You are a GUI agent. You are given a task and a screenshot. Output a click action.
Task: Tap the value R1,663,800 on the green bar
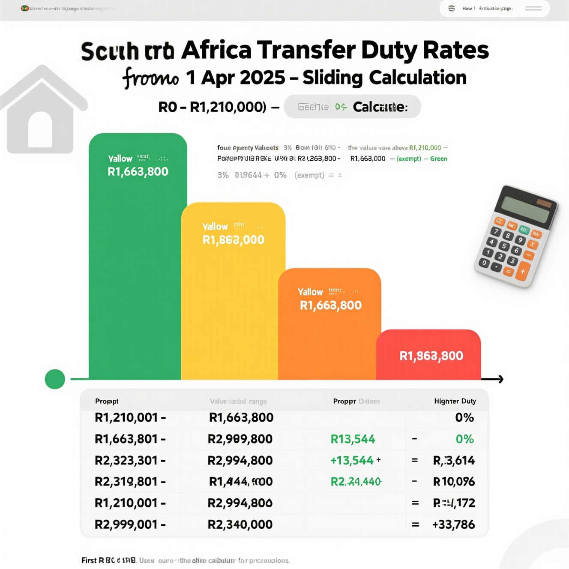point(138,172)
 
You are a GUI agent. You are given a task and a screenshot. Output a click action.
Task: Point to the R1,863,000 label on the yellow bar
point(233,240)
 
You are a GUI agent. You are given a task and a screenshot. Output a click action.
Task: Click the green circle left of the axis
point(55,379)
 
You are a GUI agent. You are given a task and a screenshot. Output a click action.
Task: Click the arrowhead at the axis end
point(500,379)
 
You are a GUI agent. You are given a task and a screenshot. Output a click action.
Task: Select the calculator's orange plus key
point(523,271)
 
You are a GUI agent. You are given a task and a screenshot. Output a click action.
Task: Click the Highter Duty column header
point(455,401)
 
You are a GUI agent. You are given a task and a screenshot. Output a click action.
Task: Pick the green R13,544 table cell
point(353,439)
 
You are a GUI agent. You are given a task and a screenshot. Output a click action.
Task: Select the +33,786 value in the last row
point(453,524)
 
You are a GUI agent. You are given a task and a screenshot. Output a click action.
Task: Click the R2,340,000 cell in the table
point(240,524)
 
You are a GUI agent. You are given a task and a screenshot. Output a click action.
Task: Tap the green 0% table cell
point(464,439)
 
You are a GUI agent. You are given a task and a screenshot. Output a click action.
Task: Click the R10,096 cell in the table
point(454,482)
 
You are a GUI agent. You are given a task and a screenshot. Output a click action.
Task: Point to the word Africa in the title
point(216,50)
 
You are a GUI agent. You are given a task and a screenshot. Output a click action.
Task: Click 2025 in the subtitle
point(262,78)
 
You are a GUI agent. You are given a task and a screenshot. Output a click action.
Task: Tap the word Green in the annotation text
point(438,159)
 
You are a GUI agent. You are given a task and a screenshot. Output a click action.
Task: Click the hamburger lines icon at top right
point(533,9)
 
